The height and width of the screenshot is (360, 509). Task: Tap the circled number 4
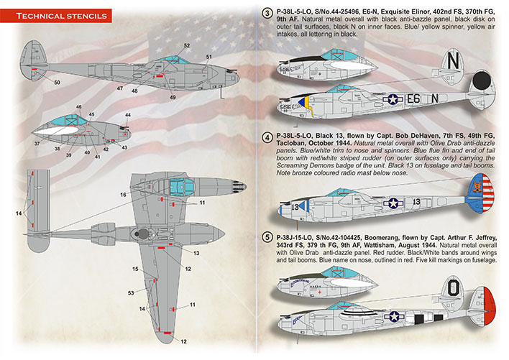[x=267, y=137]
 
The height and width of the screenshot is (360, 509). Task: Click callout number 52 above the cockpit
[x=186, y=46]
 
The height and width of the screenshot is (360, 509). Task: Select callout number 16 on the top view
[x=123, y=194]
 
